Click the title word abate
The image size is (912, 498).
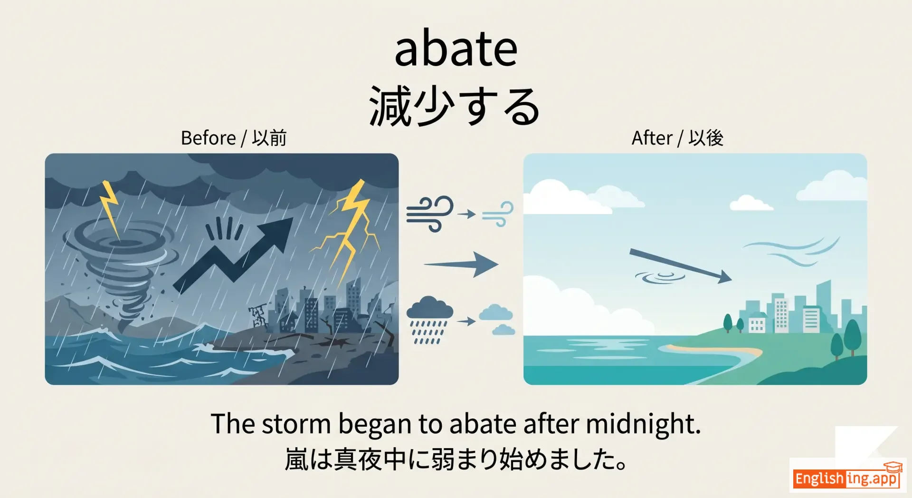pos(456,49)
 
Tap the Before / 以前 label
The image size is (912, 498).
pos(234,138)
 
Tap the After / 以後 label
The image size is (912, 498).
pos(677,138)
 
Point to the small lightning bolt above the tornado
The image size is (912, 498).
pos(110,209)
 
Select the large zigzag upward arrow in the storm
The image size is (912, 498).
pos(233,254)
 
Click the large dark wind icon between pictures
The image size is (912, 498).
pos(429,214)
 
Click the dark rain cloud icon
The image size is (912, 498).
pos(429,320)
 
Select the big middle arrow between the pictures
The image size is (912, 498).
pos(461,264)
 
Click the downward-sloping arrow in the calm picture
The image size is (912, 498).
pos(680,265)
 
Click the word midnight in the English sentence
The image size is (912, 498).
pos(643,424)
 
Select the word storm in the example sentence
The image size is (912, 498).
pos(296,424)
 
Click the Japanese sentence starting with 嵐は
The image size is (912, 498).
pos(456,459)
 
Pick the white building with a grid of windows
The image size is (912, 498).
pos(781,314)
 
